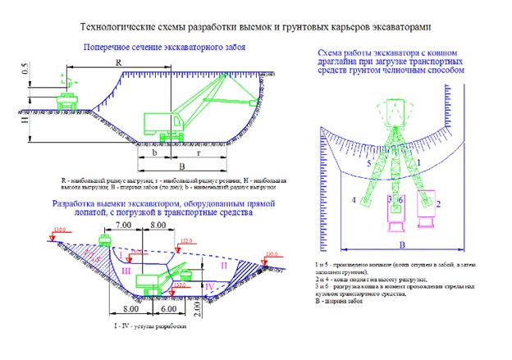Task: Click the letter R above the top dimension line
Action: pyautogui.click(x=120, y=63)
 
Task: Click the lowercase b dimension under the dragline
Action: pyautogui.click(x=154, y=152)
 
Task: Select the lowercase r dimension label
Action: pyautogui.click(x=202, y=152)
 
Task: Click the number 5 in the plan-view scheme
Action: pyautogui.click(x=369, y=164)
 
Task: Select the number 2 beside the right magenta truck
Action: pyautogui.click(x=438, y=202)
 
